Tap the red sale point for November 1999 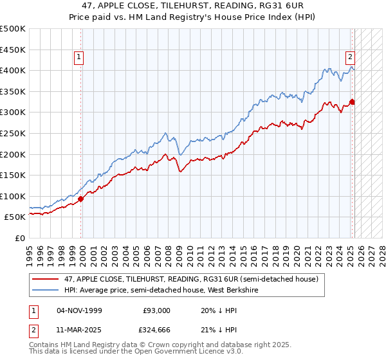point(81,199)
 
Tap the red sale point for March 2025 point(353,102)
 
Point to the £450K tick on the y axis point(13,50)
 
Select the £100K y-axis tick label point(13,196)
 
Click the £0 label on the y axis point(21,239)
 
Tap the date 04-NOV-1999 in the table point(79,310)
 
